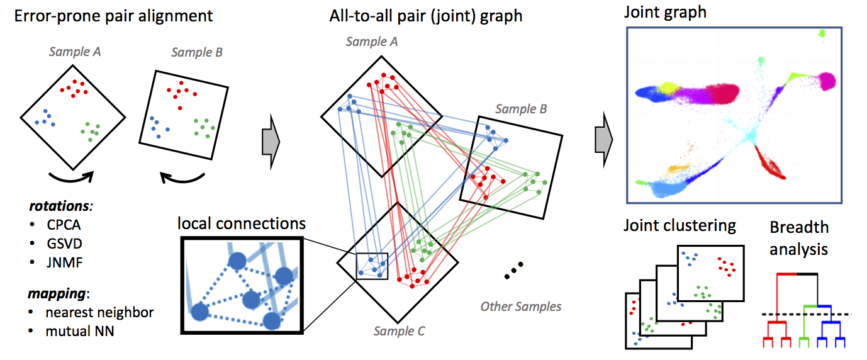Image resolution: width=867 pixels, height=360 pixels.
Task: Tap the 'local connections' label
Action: [x=242, y=223]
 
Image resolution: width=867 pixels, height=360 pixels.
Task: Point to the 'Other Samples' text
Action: [x=521, y=307]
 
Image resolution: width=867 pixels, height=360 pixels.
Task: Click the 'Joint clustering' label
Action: [x=680, y=225]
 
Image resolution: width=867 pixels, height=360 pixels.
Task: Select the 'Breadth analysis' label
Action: [x=799, y=238]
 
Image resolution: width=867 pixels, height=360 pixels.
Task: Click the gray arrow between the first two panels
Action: [x=270, y=142]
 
